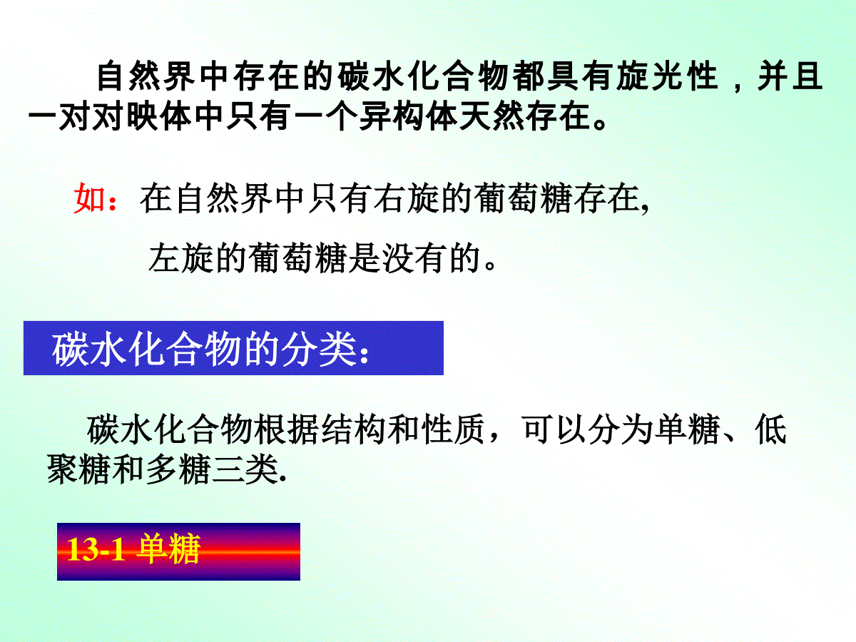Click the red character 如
[89, 198]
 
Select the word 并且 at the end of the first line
[790, 76]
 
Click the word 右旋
[406, 198]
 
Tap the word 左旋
[180, 258]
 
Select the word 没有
[414, 258]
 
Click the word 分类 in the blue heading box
[318, 349]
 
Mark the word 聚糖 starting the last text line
[78, 469]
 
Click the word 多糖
[178, 469]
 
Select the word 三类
[245, 469]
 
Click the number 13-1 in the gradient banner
[96, 549]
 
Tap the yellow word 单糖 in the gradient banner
[168, 549]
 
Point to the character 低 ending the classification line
[770, 429]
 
